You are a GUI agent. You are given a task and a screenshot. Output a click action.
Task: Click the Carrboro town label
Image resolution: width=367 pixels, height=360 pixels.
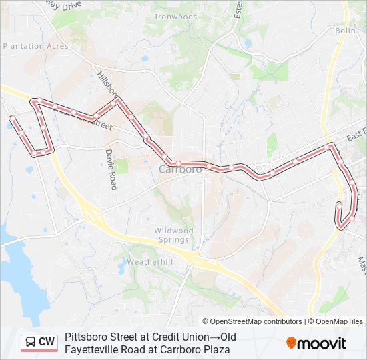coord(180,169)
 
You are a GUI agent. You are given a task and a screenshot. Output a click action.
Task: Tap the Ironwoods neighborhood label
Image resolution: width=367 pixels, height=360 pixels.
coord(175,16)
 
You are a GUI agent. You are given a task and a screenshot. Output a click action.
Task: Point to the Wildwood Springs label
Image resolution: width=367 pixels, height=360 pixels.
coord(174,235)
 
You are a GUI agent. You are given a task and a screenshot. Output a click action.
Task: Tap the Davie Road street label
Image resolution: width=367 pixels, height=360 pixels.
coord(111,169)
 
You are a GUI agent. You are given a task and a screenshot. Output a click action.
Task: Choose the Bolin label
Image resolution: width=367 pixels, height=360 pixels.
coord(345,31)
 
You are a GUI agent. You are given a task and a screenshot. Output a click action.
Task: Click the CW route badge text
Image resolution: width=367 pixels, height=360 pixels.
coord(47,342)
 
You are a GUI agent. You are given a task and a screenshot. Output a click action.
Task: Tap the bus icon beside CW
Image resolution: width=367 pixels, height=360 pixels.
coord(31,342)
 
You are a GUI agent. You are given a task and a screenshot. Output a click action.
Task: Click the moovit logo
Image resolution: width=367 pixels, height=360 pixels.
coord(316,343)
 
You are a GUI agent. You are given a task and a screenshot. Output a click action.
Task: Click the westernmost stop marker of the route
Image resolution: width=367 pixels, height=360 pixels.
coord(12,119)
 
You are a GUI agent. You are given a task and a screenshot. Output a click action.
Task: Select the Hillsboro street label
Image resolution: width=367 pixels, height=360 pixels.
coord(107,83)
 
